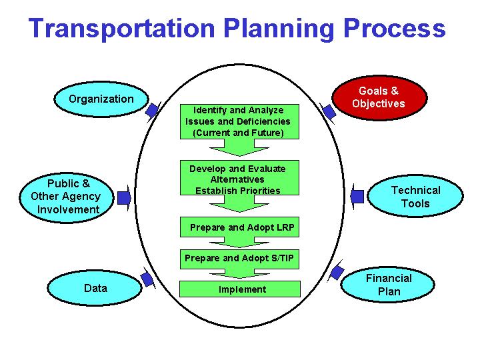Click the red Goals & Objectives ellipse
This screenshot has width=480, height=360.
tap(379, 97)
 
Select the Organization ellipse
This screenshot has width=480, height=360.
tap(101, 99)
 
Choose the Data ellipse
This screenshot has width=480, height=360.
tap(95, 289)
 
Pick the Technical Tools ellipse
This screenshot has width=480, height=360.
tap(415, 197)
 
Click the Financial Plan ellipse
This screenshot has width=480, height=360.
tap(388, 285)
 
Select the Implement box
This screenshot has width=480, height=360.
tap(240, 289)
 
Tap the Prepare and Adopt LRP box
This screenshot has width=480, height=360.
tap(241, 227)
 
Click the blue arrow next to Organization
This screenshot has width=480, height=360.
tap(153, 110)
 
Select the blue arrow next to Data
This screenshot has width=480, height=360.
tap(147, 278)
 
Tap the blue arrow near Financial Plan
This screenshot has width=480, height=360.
tap(337, 272)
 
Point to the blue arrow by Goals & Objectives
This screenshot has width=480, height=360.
tap(328, 111)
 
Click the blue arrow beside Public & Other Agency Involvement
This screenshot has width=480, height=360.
tap(124, 197)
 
